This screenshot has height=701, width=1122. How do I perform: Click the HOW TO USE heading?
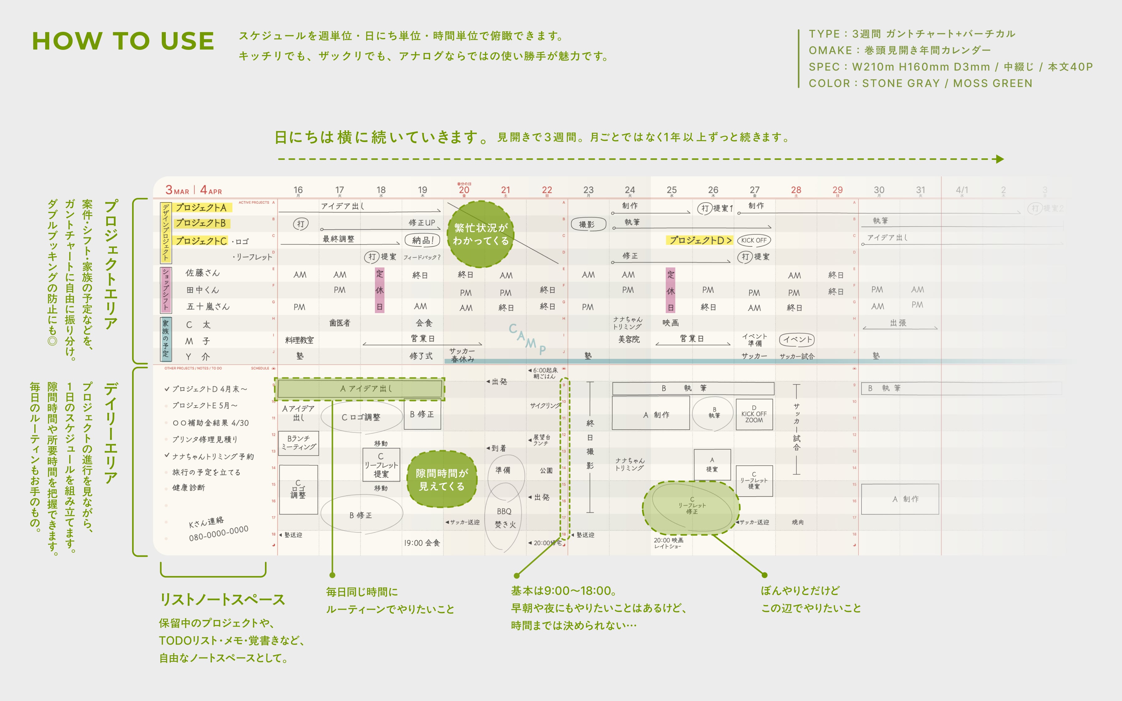tap(123, 41)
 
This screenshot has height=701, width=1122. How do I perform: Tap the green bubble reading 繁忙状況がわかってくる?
tap(481, 234)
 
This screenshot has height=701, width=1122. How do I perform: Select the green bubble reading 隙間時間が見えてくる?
tap(442, 479)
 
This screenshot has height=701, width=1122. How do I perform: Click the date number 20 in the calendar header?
tap(464, 190)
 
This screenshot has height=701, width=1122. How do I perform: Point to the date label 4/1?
tap(962, 190)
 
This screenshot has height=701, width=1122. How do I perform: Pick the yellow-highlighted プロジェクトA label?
tap(201, 208)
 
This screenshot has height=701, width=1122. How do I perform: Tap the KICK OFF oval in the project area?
tap(754, 240)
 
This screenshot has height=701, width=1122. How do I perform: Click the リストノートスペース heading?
tap(222, 599)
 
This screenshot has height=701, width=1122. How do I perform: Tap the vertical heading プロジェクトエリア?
tap(111, 264)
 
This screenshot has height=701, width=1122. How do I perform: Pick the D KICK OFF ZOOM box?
tap(754, 414)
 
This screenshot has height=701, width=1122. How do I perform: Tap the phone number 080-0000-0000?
tap(218, 533)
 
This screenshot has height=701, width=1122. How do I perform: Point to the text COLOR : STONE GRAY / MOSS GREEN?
tap(920, 83)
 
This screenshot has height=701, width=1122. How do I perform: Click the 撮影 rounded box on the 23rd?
tap(587, 224)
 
